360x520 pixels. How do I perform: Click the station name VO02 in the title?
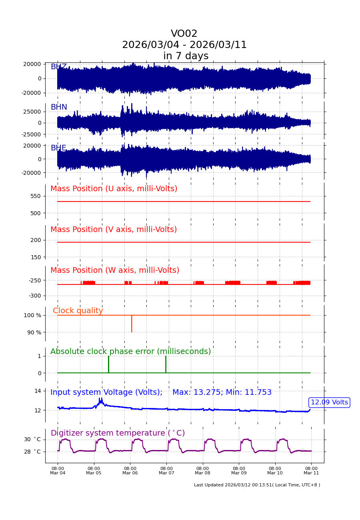(x=184, y=34)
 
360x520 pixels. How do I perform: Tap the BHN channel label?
(x=59, y=107)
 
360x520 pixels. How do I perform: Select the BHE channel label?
(x=58, y=148)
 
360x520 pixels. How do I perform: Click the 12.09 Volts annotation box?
(x=329, y=402)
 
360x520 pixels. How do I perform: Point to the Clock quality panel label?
(x=78, y=311)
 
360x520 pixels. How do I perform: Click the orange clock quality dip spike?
(x=132, y=324)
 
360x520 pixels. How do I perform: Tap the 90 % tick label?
(x=34, y=332)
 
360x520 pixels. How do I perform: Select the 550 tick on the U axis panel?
(x=35, y=196)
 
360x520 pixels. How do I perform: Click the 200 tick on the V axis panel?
(x=35, y=240)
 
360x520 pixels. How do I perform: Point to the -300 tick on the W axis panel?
(x=34, y=296)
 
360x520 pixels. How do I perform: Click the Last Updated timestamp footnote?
(x=257, y=485)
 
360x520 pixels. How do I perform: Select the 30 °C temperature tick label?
(x=32, y=439)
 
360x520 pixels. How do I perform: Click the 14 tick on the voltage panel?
(x=38, y=391)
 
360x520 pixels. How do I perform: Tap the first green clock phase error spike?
(x=108, y=364)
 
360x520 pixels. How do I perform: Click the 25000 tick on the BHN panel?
(x=32, y=112)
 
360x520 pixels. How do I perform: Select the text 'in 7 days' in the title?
(x=186, y=56)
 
